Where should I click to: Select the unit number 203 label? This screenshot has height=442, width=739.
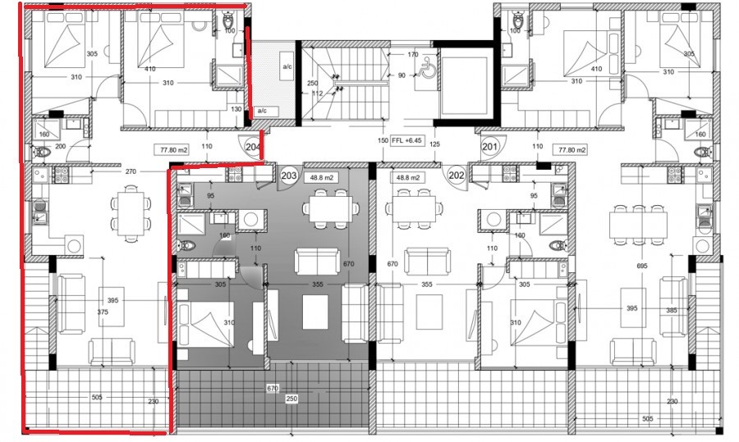[289, 175]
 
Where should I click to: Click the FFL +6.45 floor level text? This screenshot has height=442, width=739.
[408, 141]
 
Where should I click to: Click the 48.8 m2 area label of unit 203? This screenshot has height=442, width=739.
[319, 176]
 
